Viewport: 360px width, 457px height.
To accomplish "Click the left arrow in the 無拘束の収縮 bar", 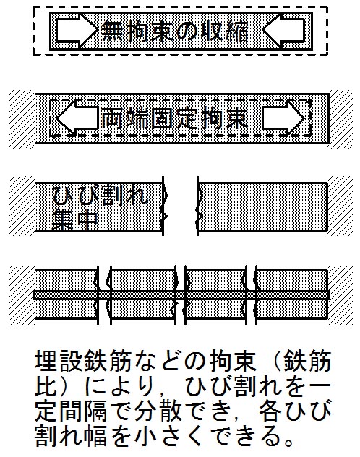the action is (76, 30).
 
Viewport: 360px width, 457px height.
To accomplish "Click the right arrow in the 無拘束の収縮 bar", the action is (284, 30).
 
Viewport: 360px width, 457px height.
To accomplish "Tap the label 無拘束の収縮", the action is (175, 31).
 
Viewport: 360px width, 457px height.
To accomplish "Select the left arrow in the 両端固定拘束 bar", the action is (77, 118).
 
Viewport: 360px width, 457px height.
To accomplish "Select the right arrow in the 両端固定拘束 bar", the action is (283, 118).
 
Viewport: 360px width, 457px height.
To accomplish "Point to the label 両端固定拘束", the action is (175, 119).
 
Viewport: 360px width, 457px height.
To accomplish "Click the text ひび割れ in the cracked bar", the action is (100, 195).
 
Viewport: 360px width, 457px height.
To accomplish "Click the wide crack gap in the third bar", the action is (180, 206).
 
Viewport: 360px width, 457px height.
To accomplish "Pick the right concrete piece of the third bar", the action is (262, 207).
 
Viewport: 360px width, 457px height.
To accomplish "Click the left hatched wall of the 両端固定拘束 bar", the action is (22, 119).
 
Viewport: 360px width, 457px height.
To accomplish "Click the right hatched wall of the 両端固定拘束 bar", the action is (340, 119).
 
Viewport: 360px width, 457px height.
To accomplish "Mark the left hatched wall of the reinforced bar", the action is (22, 295).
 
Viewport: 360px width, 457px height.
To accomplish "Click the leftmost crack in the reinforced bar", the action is (104, 295).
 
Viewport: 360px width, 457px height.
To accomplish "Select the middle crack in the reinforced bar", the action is (180, 295).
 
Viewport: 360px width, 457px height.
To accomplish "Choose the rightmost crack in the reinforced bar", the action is (251, 295).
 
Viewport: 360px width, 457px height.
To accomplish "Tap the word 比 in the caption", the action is (46, 386).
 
